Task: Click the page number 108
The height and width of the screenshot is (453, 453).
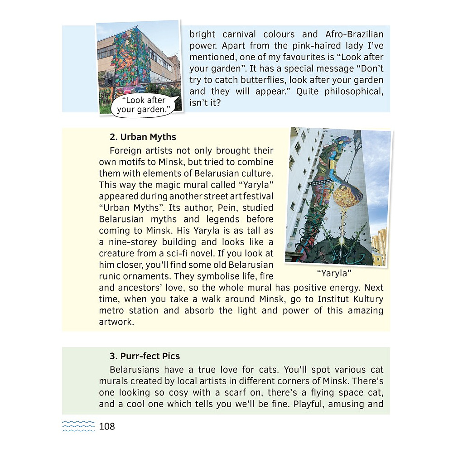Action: [x=107, y=426]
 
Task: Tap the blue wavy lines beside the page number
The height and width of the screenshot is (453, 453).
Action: [x=78, y=426]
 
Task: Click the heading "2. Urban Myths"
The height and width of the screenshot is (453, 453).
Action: [x=143, y=137]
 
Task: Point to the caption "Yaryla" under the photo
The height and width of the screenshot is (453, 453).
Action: [x=334, y=273]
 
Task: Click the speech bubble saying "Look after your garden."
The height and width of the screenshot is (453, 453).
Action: [x=146, y=105]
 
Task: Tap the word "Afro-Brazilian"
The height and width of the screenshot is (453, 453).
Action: [x=354, y=34]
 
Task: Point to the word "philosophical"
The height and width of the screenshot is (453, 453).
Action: [x=353, y=92]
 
